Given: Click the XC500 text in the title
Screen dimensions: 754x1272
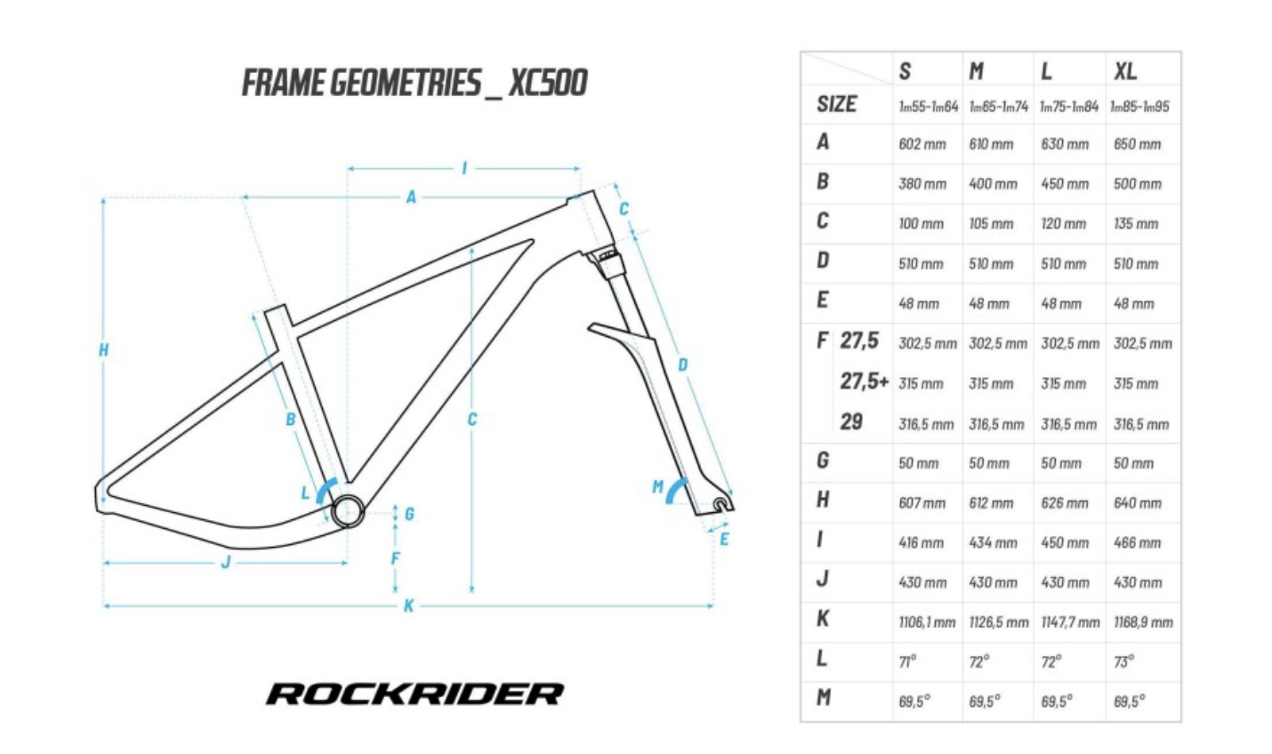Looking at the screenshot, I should (x=548, y=83).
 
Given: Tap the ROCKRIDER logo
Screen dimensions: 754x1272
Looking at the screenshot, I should (x=415, y=694).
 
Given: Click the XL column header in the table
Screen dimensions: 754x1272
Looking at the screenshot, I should (x=1125, y=71).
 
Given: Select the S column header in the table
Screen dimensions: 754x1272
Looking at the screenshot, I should (x=905, y=71).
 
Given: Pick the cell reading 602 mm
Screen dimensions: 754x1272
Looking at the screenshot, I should (x=922, y=144).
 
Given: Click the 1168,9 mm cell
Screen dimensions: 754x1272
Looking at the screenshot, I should (x=1143, y=622).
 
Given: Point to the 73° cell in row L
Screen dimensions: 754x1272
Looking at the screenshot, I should (x=1123, y=662).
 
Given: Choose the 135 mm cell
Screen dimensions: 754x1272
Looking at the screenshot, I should (x=1136, y=224).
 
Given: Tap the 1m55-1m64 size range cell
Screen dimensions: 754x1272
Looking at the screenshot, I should (x=928, y=107).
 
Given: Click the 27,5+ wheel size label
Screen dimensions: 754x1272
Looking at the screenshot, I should (x=864, y=381).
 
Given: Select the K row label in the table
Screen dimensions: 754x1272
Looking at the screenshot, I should (x=823, y=619).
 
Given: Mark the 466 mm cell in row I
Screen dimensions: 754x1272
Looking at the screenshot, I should (x=1138, y=542).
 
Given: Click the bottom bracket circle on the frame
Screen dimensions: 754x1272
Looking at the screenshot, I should (x=348, y=509).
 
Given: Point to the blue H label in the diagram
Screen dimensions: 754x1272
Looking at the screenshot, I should (x=103, y=350).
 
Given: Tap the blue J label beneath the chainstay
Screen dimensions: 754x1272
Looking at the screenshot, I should (x=226, y=562).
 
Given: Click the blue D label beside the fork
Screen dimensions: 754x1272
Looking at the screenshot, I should (x=683, y=365).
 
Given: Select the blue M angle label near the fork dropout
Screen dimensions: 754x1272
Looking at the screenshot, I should (x=657, y=486).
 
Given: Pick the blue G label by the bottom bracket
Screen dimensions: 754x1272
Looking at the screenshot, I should (x=409, y=514).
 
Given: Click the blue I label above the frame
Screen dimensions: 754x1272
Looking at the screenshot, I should (x=463, y=168).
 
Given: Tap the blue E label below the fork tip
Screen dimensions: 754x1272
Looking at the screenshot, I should (x=724, y=539).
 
